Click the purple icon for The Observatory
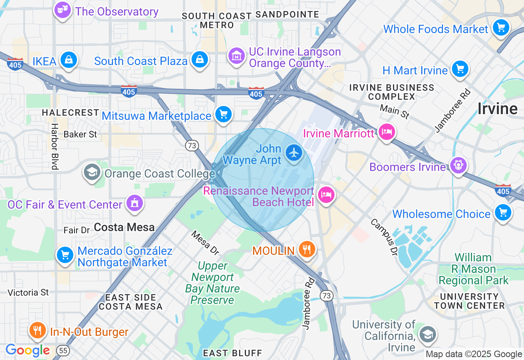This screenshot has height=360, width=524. [x=62, y=11]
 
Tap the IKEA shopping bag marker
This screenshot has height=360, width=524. [x=69, y=60]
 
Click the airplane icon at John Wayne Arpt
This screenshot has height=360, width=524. [x=294, y=153]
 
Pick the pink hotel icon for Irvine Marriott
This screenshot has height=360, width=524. [x=386, y=132]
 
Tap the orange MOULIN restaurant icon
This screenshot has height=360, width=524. [x=306, y=249]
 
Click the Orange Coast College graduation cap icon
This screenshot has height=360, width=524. [x=92, y=173]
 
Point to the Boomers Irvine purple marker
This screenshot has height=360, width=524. [x=458, y=166]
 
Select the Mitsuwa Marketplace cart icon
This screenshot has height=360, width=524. [x=223, y=115]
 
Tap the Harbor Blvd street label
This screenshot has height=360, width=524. [x=54, y=146]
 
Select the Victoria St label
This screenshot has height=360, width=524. [x=28, y=292]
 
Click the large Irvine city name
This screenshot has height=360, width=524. [x=497, y=109]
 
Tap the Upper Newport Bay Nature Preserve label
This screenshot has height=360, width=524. [x=212, y=283]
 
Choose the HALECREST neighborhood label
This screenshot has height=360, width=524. [x=70, y=112]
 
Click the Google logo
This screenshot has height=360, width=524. [x=27, y=351]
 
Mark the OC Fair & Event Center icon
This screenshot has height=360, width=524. [x=134, y=203]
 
